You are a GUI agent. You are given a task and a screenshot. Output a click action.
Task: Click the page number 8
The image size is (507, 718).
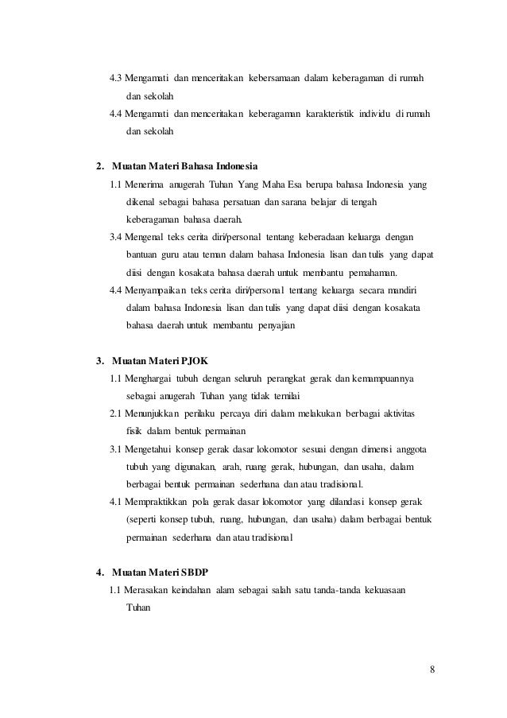(432, 668)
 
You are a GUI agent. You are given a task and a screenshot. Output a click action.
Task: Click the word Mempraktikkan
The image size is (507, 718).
(159, 503)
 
